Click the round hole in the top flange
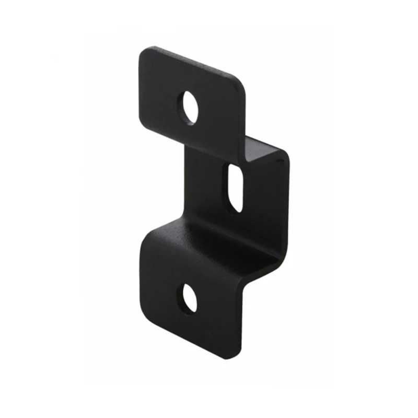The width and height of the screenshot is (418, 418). click(x=190, y=108)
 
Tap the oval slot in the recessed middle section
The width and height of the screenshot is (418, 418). click(x=235, y=188)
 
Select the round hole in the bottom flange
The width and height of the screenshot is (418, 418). click(x=189, y=298)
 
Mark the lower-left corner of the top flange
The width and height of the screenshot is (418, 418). click(x=141, y=128)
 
